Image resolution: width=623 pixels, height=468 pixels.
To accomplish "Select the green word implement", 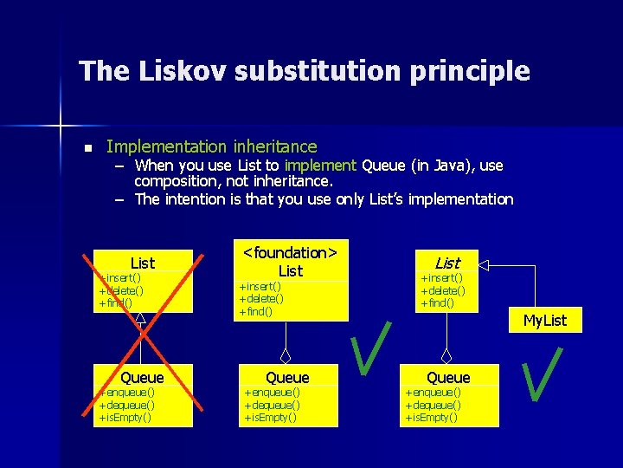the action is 320,165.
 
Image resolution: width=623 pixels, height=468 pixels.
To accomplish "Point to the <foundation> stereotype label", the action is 290,252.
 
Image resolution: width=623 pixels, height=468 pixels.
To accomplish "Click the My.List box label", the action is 544,321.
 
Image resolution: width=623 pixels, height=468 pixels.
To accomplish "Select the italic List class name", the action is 447,262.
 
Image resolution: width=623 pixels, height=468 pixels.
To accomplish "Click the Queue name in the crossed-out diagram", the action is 142,377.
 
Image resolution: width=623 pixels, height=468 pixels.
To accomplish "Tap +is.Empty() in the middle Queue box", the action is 270,417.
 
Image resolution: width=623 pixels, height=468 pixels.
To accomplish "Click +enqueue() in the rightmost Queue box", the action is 433,393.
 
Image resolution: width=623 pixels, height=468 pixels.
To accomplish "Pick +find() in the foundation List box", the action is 255,311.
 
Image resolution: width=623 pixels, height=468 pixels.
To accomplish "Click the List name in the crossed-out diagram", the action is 142,263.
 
